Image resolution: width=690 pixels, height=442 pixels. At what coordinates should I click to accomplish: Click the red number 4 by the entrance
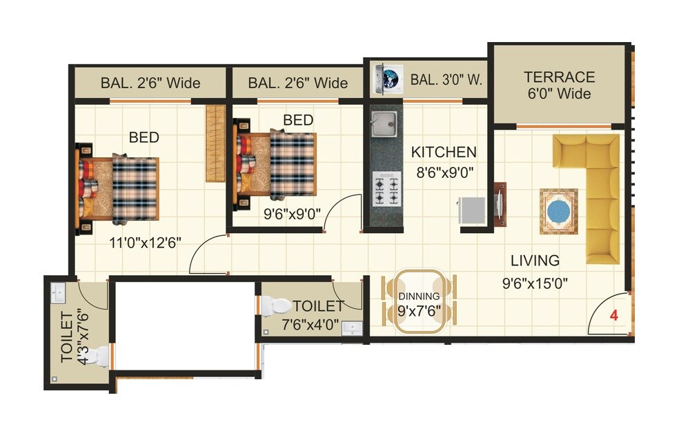coord(613,316)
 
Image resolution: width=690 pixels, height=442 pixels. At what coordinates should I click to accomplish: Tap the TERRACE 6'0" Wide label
coord(559,85)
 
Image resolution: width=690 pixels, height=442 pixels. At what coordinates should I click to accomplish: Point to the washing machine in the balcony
coord(385,78)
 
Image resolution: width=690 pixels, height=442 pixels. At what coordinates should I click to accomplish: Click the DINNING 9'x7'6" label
coord(419,303)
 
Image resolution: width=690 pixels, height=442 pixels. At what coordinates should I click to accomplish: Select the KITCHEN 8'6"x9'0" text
coord(444,161)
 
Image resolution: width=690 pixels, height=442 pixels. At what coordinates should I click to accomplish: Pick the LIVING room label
coord(535,261)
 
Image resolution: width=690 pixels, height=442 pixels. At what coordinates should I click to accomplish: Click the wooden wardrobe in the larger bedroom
coord(216,143)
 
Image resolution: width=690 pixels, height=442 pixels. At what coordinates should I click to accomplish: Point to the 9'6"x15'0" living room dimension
coord(535,283)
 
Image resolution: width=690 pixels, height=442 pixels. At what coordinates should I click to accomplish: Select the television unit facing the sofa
coord(500,204)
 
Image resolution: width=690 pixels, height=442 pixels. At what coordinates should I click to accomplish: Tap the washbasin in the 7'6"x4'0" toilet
coord(353,328)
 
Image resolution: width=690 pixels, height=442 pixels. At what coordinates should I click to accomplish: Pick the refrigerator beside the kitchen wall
coord(471,210)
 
